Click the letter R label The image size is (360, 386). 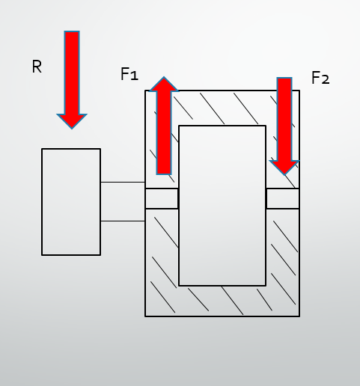pos(37,67)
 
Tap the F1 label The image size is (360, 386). pos(129,74)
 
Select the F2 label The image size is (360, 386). pos(320,78)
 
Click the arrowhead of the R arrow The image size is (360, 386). pos(72,121)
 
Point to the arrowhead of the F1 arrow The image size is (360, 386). pos(164,84)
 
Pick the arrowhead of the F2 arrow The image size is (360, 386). pos(284,168)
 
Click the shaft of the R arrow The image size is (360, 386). pos(72,73)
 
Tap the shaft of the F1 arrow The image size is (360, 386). pos(164,132)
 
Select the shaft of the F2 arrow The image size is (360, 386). pos(284,119)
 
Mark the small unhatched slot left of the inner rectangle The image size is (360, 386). pos(162,198)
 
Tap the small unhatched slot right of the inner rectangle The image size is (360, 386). pos(283,198)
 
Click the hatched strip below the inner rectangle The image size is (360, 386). pos(222,301)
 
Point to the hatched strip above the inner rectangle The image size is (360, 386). pos(222,108)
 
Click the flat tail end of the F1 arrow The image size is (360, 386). pos(164,174)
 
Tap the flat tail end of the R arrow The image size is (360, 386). pos(72,31)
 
